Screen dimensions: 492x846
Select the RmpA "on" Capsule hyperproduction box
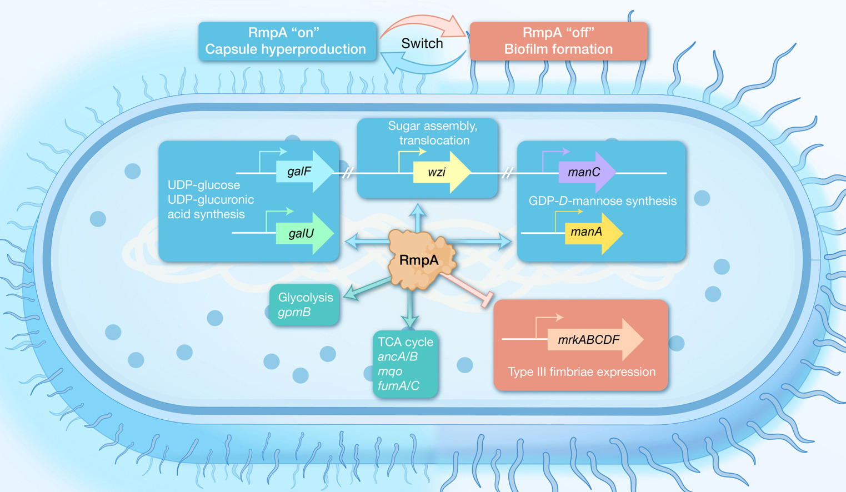tap(287, 41)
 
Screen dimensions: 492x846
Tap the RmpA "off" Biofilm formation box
tap(558, 41)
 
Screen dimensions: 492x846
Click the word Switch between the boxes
tap(422, 43)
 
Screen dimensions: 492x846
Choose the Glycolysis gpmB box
tap(304, 305)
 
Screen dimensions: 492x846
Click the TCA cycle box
tap(405, 364)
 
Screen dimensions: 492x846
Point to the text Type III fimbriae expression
tap(582, 372)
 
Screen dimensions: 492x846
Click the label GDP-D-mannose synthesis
tap(602, 201)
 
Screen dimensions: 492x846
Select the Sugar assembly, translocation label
tap(433, 133)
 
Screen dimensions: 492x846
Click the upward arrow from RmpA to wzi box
tap(418, 217)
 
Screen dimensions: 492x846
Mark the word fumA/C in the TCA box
tap(398, 385)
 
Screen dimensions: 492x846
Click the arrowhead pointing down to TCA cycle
tap(410, 322)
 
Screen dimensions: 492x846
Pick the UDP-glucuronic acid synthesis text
tap(211, 207)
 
